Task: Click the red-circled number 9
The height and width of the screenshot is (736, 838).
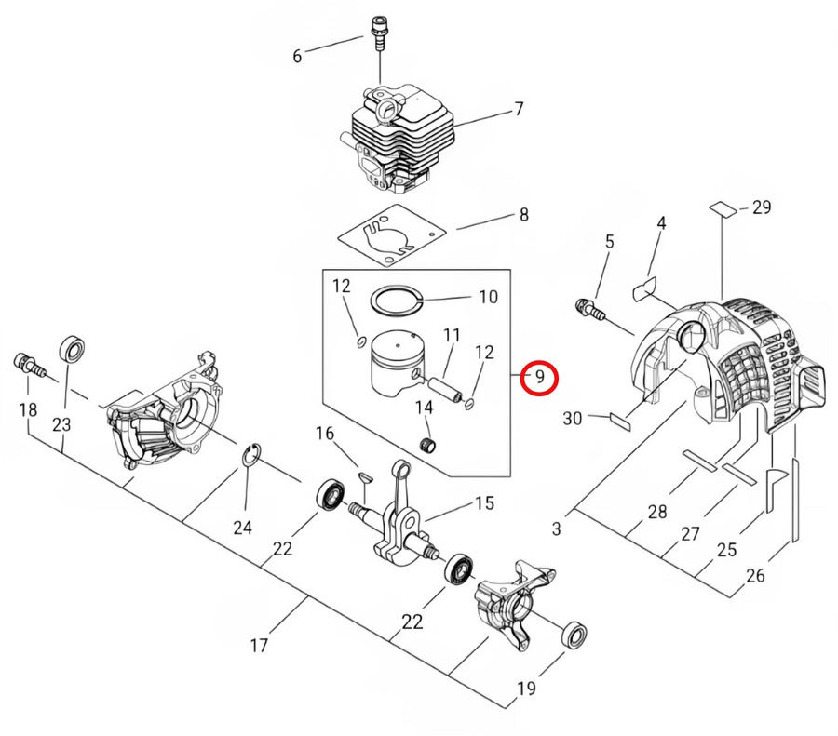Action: click(538, 378)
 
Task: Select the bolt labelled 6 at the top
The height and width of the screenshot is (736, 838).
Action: click(378, 33)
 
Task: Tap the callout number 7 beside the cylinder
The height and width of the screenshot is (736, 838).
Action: click(519, 111)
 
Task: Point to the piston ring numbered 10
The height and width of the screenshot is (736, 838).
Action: click(398, 300)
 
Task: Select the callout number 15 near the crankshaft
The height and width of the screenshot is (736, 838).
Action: click(484, 503)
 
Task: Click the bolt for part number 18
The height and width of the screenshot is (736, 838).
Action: click(26, 363)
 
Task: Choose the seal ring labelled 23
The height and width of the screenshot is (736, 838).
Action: click(72, 351)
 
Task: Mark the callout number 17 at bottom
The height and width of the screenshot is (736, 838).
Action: click(259, 645)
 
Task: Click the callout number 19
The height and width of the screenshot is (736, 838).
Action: click(527, 689)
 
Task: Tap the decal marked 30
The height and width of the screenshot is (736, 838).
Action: click(619, 418)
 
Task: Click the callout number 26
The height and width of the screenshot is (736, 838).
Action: click(755, 576)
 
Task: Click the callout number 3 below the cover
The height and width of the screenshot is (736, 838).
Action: click(556, 529)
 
